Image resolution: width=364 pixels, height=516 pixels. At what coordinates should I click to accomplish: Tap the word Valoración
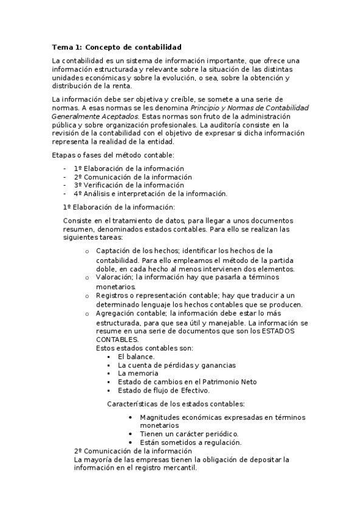click(114, 277)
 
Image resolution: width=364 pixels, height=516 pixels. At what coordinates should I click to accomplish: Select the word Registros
click(113, 295)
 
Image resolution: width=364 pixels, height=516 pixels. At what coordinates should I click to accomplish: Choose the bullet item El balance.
click(136, 357)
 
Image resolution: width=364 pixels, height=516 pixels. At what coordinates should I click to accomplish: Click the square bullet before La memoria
click(108, 374)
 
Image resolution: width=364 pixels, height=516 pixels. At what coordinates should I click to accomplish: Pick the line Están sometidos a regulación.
click(190, 442)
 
